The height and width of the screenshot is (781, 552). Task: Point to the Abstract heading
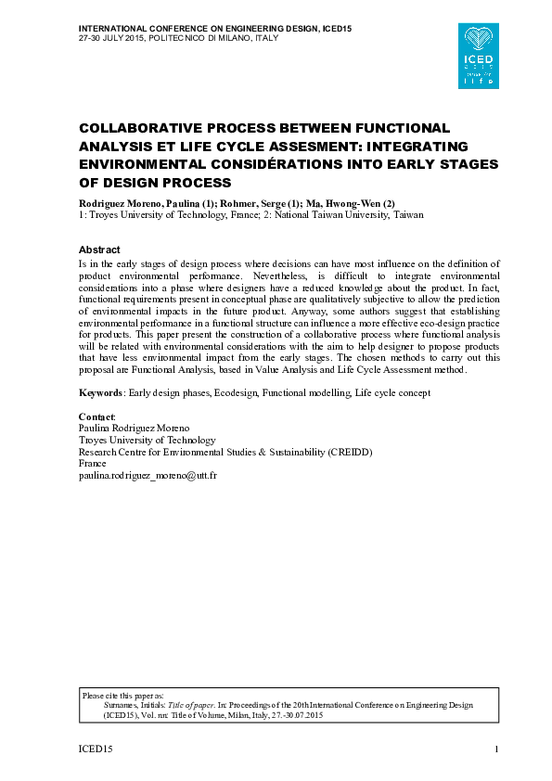(99, 250)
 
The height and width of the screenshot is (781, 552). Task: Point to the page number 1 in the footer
(497, 749)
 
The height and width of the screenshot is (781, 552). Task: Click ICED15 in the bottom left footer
(95, 749)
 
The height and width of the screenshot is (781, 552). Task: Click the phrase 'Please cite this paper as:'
(122, 695)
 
